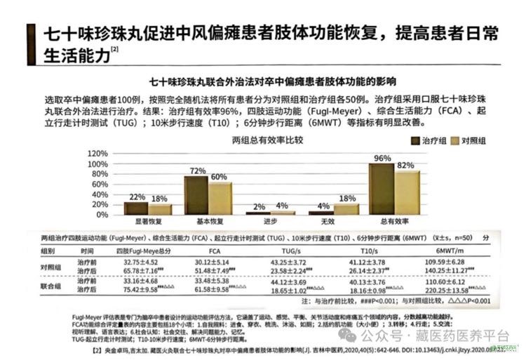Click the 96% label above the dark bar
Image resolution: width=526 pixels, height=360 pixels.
[382, 158]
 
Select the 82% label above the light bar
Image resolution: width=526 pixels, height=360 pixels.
[405, 165]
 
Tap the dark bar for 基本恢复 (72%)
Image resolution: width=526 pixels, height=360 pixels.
[196, 195]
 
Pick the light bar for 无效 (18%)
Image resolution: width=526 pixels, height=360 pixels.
[346, 208]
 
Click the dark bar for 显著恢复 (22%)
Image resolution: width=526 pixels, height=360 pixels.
[136, 208]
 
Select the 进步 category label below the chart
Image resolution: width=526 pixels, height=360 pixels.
[267, 221]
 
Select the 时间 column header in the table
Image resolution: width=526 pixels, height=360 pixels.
[87, 250]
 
